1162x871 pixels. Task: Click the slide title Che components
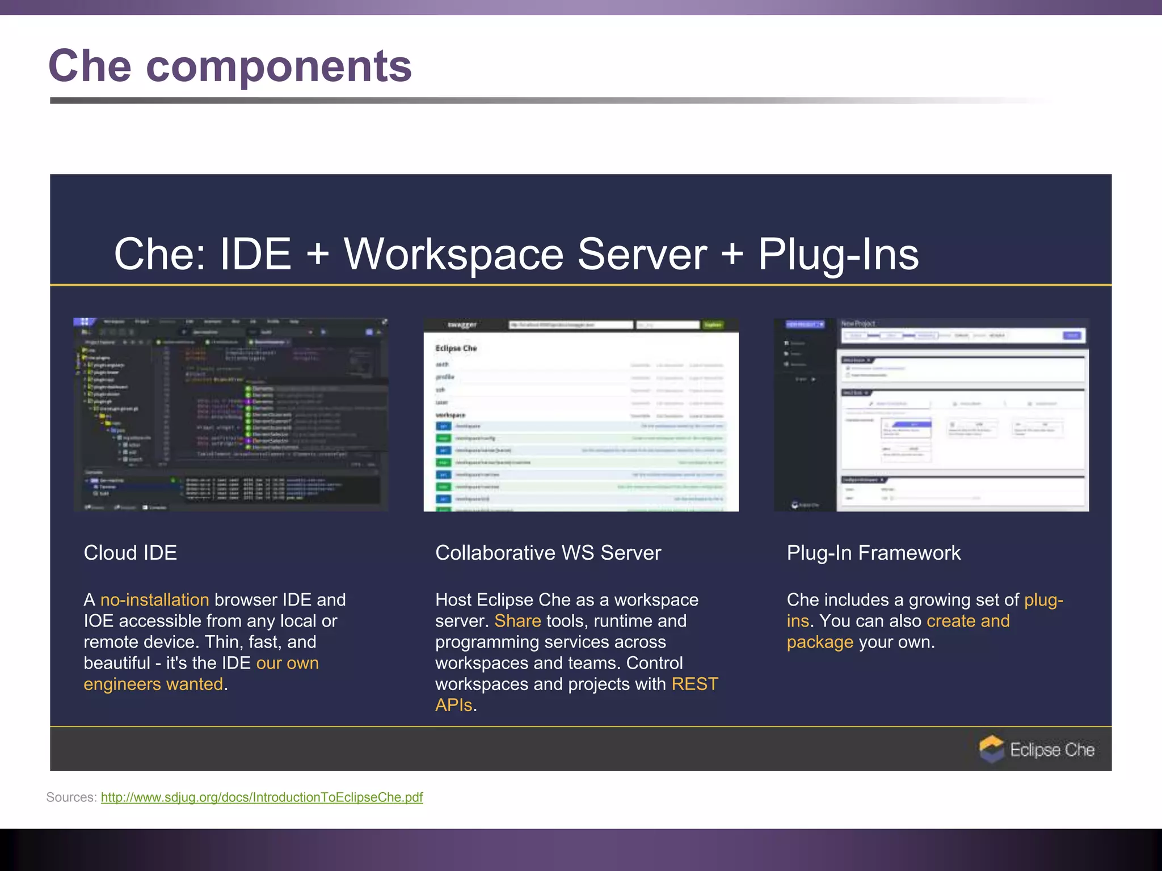click(230, 66)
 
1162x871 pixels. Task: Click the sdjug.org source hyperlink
click(262, 797)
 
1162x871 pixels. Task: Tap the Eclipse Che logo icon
click(991, 749)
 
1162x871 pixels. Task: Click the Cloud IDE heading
click(130, 553)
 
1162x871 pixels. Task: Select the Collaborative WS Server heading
click(548, 553)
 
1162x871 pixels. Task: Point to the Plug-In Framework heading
click(873, 553)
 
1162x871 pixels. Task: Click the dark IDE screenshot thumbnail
click(231, 415)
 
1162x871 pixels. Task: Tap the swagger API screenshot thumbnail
click(580, 415)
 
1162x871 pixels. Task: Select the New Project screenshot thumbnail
click(931, 415)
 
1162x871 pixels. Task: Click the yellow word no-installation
click(154, 600)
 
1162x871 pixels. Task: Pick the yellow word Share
click(517, 621)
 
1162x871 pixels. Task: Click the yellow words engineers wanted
click(153, 684)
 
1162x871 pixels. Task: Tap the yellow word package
click(819, 642)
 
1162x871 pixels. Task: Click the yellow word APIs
click(453, 705)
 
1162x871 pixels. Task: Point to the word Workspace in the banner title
click(453, 255)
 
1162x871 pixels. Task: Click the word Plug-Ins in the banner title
click(838, 255)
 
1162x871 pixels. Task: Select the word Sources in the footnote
click(70, 797)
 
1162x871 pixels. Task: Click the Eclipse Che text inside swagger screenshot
click(456, 348)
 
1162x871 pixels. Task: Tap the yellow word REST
click(694, 684)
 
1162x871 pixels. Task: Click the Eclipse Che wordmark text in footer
click(1052, 750)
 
